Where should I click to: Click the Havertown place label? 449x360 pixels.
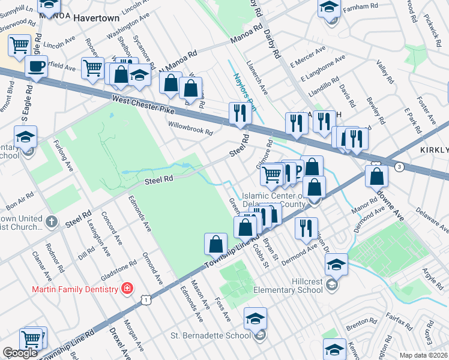point(97,18)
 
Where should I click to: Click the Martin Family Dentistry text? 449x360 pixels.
point(74,290)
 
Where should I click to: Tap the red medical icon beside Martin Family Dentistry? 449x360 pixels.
point(127,290)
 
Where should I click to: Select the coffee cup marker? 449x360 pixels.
point(37,66)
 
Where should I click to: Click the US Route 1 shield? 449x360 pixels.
point(145,299)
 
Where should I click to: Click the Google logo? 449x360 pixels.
point(20,353)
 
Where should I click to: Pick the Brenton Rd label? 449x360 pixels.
point(360,322)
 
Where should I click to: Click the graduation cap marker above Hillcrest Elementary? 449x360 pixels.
point(336,264)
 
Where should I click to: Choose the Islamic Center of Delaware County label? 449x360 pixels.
point(282,200)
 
